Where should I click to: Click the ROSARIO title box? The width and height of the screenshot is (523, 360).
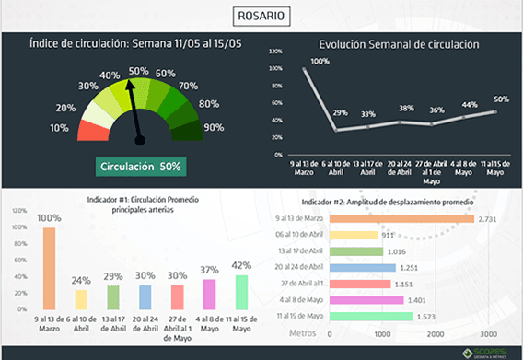261,16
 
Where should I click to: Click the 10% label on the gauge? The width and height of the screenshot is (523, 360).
58,127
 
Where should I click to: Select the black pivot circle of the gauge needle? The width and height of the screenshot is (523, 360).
141,140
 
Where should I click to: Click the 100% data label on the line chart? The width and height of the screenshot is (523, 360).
320,62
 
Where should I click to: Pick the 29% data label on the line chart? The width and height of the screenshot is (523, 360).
340,112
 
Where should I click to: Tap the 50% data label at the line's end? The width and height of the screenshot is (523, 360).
501,99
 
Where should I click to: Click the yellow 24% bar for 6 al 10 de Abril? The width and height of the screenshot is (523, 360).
82,298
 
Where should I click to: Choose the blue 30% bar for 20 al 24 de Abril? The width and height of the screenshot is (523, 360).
145,296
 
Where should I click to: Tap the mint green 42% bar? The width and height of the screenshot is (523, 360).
241,291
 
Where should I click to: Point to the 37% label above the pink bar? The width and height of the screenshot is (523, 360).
209,269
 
